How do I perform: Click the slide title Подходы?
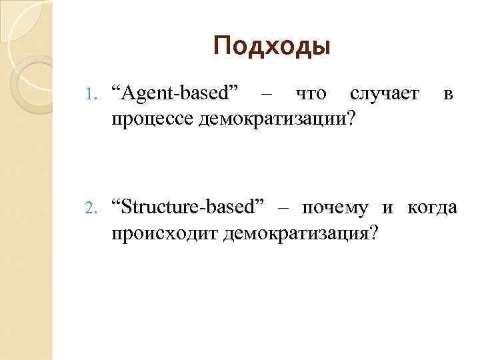(x=272, y=46)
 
